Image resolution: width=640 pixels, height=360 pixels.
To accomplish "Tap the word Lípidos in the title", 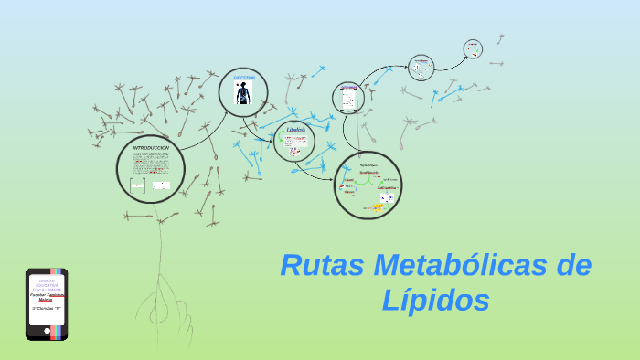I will (x=436, y=299).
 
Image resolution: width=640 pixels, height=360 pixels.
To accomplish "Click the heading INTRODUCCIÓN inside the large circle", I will (x=151, y=147).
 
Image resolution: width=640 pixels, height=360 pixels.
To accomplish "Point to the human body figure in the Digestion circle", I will (x=243, y=94).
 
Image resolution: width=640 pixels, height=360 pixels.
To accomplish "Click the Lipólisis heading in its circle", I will (x=294, y=131).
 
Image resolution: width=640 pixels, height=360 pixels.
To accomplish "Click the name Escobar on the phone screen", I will (x=40, y=295).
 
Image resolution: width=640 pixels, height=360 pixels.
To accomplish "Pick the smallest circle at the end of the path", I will (x=473, y=48).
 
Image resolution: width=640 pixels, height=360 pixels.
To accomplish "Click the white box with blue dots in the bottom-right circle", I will (x=388, y=197).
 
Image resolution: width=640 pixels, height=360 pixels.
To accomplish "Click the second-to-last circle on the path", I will (x=421, y=68).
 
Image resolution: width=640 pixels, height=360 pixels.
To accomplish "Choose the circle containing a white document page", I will (x=347, y=98).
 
